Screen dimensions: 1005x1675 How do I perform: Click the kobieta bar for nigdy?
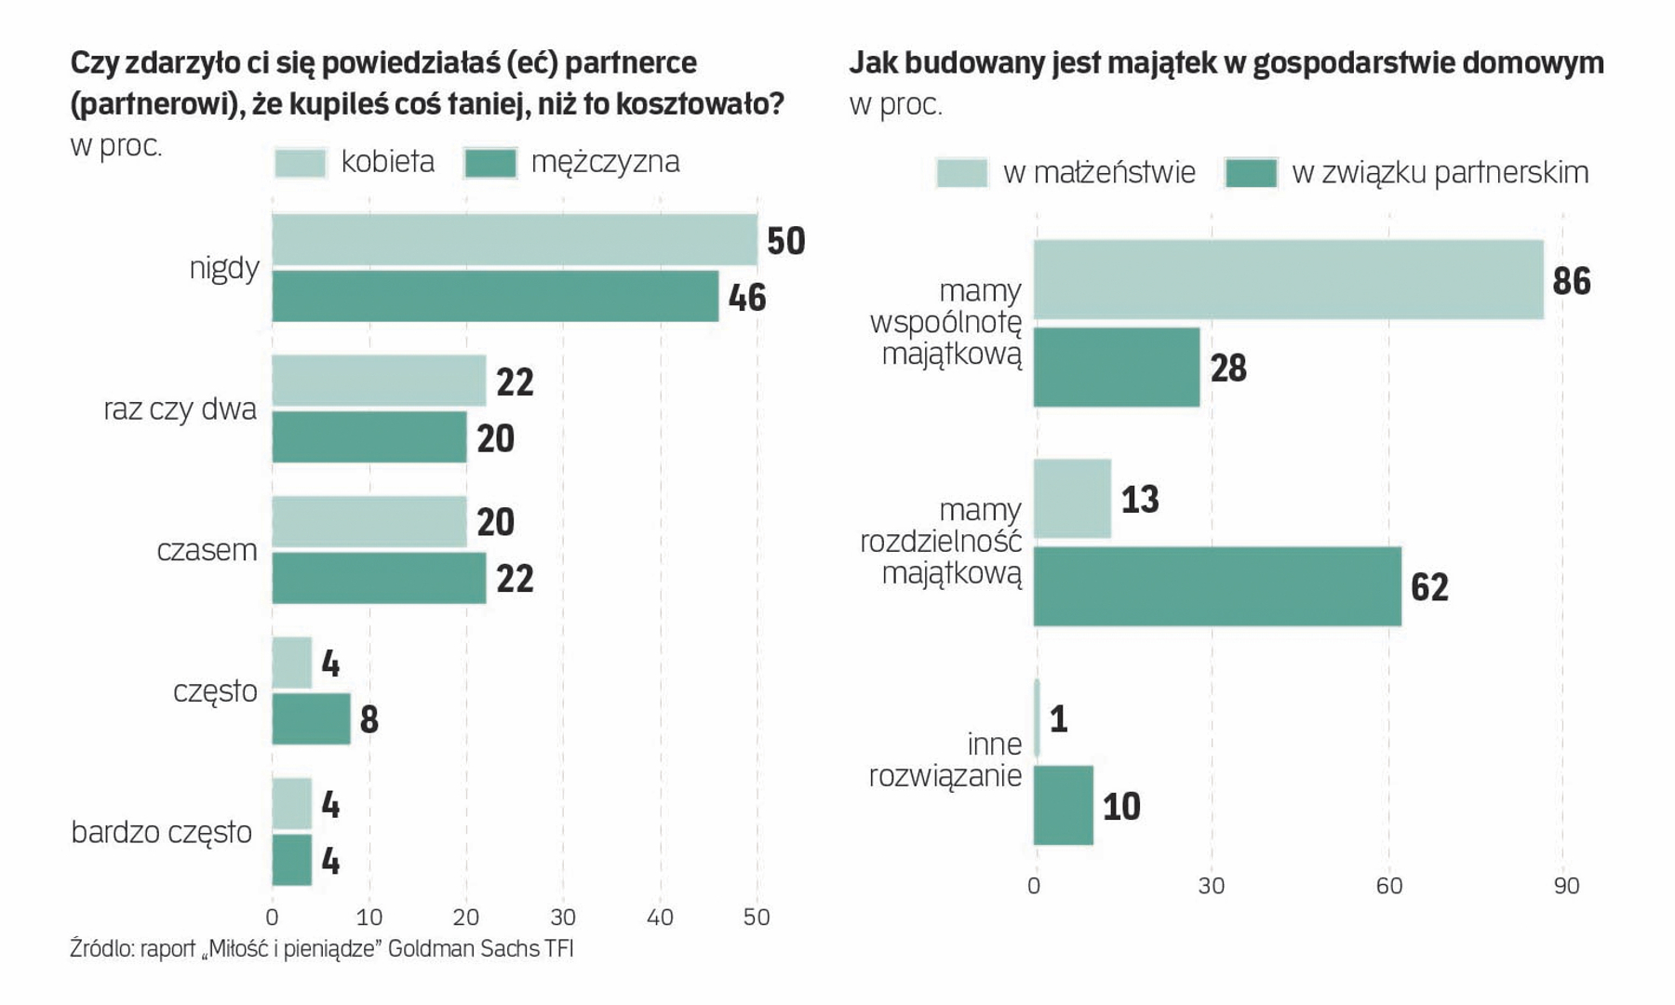coord(514,239)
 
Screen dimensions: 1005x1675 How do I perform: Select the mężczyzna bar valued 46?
coord(495,296)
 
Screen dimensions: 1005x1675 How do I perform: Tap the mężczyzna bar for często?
coord(311,718)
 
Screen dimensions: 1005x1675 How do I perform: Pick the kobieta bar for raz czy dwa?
coord(379,381)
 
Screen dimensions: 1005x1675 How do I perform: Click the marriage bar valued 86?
coord(1288,279)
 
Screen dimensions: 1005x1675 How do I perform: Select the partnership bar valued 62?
coord(1217,586)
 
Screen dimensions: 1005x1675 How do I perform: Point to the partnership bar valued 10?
coord(1064,805)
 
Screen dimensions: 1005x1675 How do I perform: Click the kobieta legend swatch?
coord(301,163)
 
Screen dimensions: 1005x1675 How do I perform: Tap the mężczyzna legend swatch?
coord(490,163)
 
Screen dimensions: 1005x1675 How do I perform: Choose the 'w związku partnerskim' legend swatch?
coord(1251,173)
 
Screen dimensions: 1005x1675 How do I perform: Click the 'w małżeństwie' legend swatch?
coord(961,173)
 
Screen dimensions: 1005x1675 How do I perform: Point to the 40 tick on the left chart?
coord(660,918)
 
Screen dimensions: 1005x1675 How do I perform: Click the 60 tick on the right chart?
coord(1388,886)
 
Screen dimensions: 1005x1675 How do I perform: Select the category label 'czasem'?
coord(207,550)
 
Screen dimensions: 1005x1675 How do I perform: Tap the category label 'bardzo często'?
coord(162,832)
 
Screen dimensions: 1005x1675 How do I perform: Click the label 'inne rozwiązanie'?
coord(945,759)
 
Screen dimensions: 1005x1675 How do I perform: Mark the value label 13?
coord(1140,500)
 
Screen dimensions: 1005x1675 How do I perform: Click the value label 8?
coord(368,719)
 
